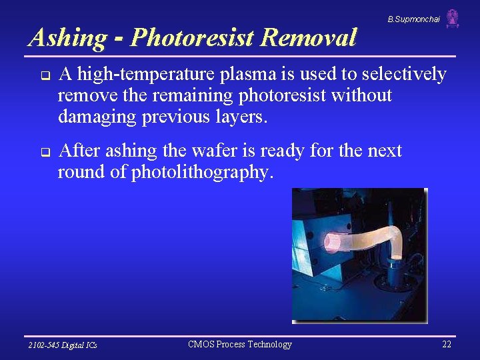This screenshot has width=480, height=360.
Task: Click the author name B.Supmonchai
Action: pyautogui.click(x=413, y=19)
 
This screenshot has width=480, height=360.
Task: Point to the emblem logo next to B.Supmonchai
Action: pyautogui.click(x=453, y=18)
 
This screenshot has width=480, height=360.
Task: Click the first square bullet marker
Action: pyautogui.click(x=41, y=75)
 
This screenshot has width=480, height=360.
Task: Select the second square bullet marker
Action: pyautogui.click(x=41, y=152)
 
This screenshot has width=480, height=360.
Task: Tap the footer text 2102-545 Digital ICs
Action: pyautogui.click(x=62, y=345)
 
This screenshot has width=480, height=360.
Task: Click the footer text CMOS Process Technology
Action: pyautogui.click(x=240, y=344)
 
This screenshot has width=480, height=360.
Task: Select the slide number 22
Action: pyautogui.click(x=446, y=344)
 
